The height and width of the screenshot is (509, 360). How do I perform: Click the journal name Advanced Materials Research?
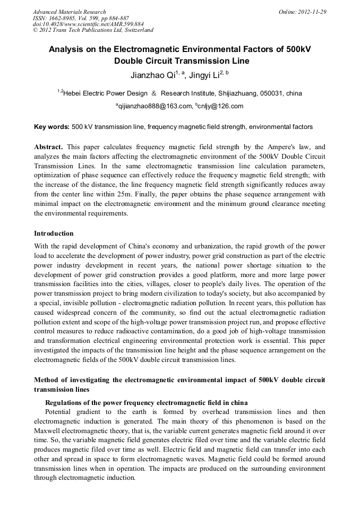[69, 12]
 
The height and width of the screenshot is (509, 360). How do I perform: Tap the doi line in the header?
[88, 24]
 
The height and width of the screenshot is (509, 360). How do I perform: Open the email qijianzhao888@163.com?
[155, 106]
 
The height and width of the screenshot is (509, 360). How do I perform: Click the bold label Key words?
[52, 127]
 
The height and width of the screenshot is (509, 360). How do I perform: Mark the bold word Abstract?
[48, 146]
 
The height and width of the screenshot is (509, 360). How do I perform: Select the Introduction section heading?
[54, 233]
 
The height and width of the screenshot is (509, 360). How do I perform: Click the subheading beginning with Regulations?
[146, 402]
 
